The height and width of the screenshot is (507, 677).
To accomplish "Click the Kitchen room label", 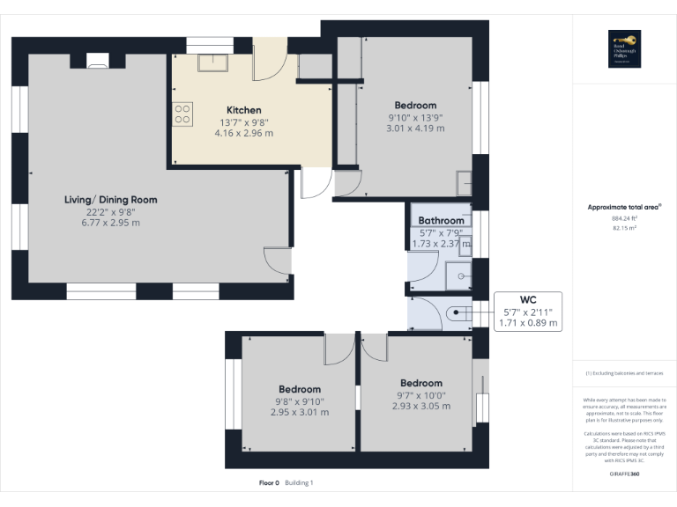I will (x=243, y=109).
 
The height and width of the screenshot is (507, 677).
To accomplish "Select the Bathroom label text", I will (x=441, y=220).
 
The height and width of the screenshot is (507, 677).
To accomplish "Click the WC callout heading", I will (x=528, y=298).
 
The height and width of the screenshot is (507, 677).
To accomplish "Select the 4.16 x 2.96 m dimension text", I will (x=243, y=134).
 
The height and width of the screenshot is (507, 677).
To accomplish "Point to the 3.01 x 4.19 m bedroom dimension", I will (x=415, y=129).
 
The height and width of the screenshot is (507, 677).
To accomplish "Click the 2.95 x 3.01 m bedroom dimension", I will (x=300, y=412).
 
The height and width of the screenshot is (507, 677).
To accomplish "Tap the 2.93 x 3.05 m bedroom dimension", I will (x=420, y=407).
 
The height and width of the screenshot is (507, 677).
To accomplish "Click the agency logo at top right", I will (x=630, y=49).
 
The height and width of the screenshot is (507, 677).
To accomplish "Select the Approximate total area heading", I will (x=624, y=207).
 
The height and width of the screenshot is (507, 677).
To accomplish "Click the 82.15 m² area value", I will (x=624, y=228).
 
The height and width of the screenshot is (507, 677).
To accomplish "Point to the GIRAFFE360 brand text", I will (x=625, y=474).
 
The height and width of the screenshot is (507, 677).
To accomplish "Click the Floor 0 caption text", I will (x=269, y=482).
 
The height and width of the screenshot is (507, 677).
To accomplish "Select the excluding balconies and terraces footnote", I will (x=625, y=373).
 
